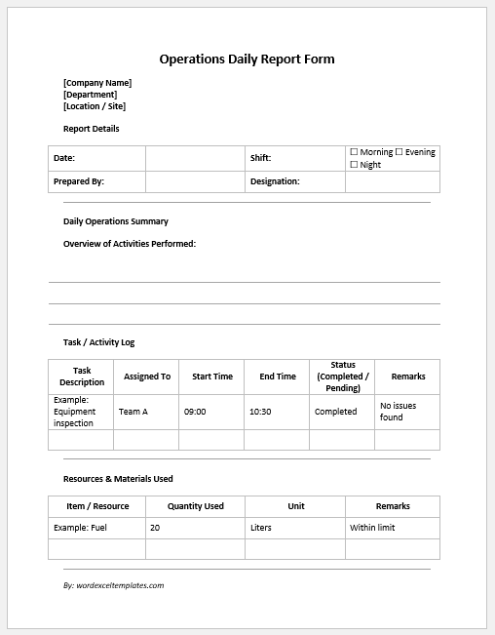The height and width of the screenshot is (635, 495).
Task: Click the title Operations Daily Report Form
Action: [x=247, y=60]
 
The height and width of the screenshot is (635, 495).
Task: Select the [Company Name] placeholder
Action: [x=97, y=83]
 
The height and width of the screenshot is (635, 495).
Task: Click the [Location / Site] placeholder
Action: [x=95, y=106]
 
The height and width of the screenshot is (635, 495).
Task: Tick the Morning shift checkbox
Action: [x=354, y=152]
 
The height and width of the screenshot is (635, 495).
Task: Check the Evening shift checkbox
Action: [x=399, y=152]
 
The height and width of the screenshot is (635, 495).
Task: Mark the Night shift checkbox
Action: [x=354, y=165]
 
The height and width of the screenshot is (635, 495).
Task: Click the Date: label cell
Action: [x=64, y=158]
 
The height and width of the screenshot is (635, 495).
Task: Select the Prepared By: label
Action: [x=78, y=181]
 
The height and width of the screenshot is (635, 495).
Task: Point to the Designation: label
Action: [x=275, y=181]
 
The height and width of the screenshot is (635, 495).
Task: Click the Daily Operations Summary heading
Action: [x=116, y=221]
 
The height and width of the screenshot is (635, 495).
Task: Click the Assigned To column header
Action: [x=146, y=377]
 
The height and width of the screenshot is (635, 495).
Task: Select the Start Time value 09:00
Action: [x=195, y=412]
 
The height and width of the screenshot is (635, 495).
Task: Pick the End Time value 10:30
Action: [x=260, y=412]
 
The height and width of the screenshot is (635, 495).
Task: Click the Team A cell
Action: [x=133, y=412]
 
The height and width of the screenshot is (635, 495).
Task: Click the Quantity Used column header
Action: [x=195, y=506]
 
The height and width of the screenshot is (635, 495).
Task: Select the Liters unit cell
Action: [x=261, y=528]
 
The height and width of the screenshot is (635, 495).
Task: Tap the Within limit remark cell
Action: [x=374, y=528]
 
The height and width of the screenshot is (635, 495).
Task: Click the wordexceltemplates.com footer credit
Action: [x=113, y=585]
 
